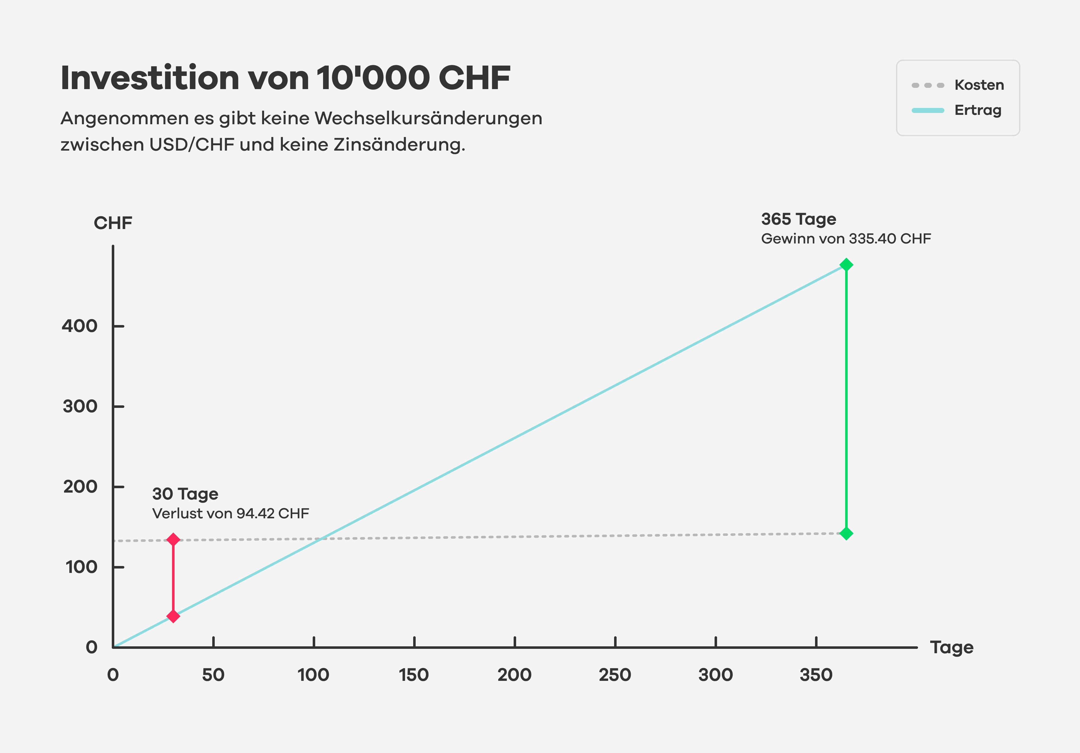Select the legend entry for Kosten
click(x=958, y=85)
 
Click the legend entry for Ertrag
click(x=957, y=110)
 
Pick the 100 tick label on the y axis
click(x=81, y=567)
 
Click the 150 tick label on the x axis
click(x=414, y=675)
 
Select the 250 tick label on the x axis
click(x=615, y=675)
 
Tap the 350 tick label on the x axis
click(x=816, y=675)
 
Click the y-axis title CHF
click(x=113, y=223)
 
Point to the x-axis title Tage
click(x=952, y=648)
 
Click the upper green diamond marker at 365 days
click(x=846, y=264)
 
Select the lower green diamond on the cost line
click(x=846, y=533)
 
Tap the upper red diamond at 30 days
click(x=173, y=539)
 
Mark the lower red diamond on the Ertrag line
click(x=173, y=616)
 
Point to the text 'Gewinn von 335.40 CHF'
click(x=846, y=239)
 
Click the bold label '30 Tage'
click(x=185, y=494)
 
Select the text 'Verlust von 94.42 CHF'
click(x=230, y=514)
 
